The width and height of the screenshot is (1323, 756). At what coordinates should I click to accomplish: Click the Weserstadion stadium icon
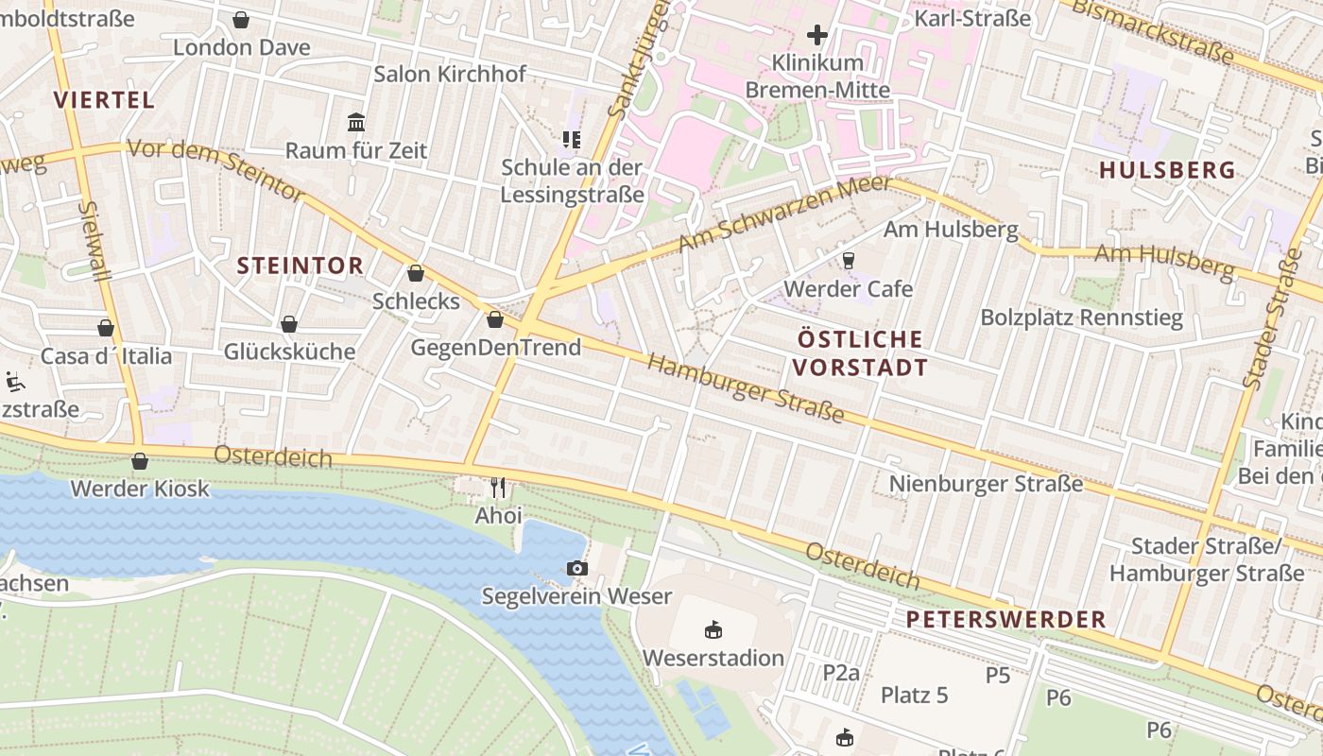point(713,629)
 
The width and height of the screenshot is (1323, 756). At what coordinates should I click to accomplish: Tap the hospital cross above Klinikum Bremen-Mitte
point(817,35)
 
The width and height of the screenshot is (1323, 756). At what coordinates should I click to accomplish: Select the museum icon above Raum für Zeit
point(356,122)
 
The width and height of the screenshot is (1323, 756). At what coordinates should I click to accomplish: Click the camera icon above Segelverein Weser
point(576,568)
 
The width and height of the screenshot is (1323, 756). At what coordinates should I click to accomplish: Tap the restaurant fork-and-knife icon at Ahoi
point(498,488)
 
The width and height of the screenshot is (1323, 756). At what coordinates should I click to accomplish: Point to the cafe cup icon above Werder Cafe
point(848,260)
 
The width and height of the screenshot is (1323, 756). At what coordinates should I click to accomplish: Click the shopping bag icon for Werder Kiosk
point(140,461)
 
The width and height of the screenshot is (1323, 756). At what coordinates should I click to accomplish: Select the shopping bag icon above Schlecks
point(415,274)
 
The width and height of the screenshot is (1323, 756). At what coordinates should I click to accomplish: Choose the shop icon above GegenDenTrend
point(494,319)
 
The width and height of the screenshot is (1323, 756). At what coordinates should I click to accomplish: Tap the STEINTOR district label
point(300,266)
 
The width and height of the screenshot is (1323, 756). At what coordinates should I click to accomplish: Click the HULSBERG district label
point(1167,170)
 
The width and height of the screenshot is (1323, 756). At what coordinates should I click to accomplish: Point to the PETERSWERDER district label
point(1005,620)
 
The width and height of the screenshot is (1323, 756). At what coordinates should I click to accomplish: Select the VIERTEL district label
point(104,100)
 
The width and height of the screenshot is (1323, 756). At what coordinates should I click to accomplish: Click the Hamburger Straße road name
point(746,389)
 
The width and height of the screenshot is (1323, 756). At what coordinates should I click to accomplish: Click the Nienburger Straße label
point(986,484)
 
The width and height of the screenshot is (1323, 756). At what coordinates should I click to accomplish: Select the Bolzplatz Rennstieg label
point(1081,318)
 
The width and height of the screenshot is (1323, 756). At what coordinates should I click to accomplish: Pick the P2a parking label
point(841,672)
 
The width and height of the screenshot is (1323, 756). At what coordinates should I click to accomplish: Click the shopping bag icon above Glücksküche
point(289,324)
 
